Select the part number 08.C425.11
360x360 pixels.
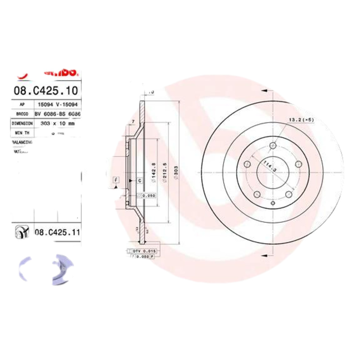pyautogui.click(x=57, y=232)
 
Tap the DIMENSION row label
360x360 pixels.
pyautogui.click(x=22, y=122)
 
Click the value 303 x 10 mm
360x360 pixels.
pyautogui.click(x=57, y=122)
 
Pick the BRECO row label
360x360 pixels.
pyautogui.click(x=22, y=114)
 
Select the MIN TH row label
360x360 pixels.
pyautogui.click(x=22, y=132)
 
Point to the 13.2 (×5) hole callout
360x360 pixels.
pyautogui.click(x=301, y=120)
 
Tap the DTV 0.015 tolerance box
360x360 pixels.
pyautogui.click(x=143, y=250)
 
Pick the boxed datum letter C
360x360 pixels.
pyautogui.click(x=139, y=180)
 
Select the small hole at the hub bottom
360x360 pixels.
pyautogui.click(x=273, y=203)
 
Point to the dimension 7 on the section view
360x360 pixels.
pyautogui.click(x=134, y=122)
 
